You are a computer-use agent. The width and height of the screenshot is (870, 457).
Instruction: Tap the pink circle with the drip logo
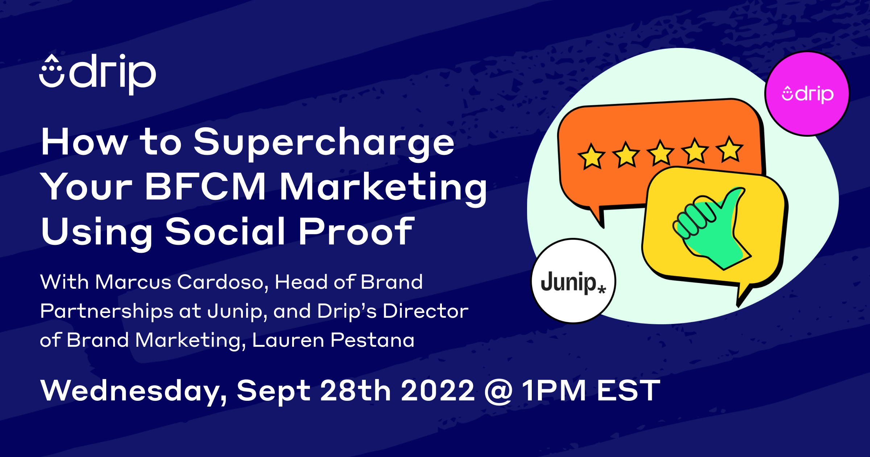(807, 94)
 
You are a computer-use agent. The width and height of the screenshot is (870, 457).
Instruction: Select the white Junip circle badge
(573, 281)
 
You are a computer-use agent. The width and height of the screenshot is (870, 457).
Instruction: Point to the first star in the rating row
(591, 157)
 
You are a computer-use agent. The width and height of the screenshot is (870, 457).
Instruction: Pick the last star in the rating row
(729, 149)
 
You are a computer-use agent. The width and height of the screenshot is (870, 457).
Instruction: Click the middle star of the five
(660, 153)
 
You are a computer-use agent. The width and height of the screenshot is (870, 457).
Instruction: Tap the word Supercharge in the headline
(324, 143)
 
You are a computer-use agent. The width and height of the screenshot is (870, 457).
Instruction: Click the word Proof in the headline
(356, 232)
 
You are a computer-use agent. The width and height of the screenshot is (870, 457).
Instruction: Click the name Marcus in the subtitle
(133, 282)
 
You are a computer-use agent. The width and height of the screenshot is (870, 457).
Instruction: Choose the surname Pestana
(372, 340)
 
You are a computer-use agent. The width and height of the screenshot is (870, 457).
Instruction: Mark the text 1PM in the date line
(554, 391)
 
